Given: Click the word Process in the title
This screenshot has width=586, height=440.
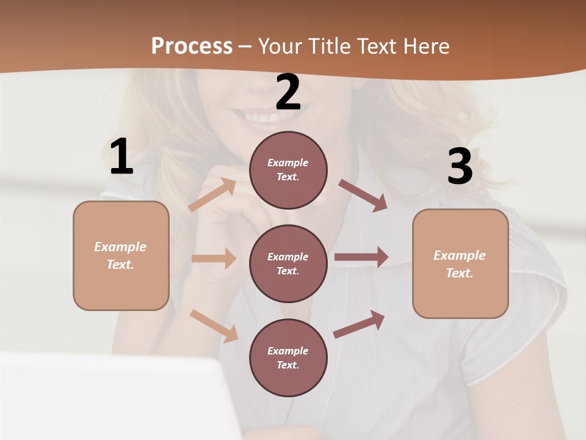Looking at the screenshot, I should coord(192,46).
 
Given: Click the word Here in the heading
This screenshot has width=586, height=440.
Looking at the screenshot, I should coord(425,46).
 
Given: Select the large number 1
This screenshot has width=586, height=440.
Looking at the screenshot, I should coord(121,157).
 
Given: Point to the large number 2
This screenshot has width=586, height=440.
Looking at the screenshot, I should coord(288,93).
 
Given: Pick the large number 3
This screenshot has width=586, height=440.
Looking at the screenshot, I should coord(460,166).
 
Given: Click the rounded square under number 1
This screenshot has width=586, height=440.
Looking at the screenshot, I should coord(121,255).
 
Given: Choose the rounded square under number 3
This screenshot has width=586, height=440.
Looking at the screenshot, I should coord(460,264).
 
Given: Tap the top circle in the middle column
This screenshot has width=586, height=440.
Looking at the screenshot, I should coord(288,170).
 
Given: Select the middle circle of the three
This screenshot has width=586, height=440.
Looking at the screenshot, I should coord(288,263).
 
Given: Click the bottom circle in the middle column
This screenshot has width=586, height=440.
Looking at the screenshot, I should coord(288,358).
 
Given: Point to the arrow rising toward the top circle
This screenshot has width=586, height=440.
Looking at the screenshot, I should coord(212,195).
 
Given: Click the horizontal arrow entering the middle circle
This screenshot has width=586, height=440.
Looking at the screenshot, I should coord(214,258).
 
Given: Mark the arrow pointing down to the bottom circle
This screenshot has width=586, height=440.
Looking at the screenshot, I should coord(214,326).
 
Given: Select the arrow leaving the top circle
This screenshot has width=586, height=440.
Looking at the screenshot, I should coord(363,195).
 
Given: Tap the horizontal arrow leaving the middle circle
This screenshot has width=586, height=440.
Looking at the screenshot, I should coord(361,257).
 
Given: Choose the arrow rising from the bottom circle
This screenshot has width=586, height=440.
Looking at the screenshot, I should coord(359,324).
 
